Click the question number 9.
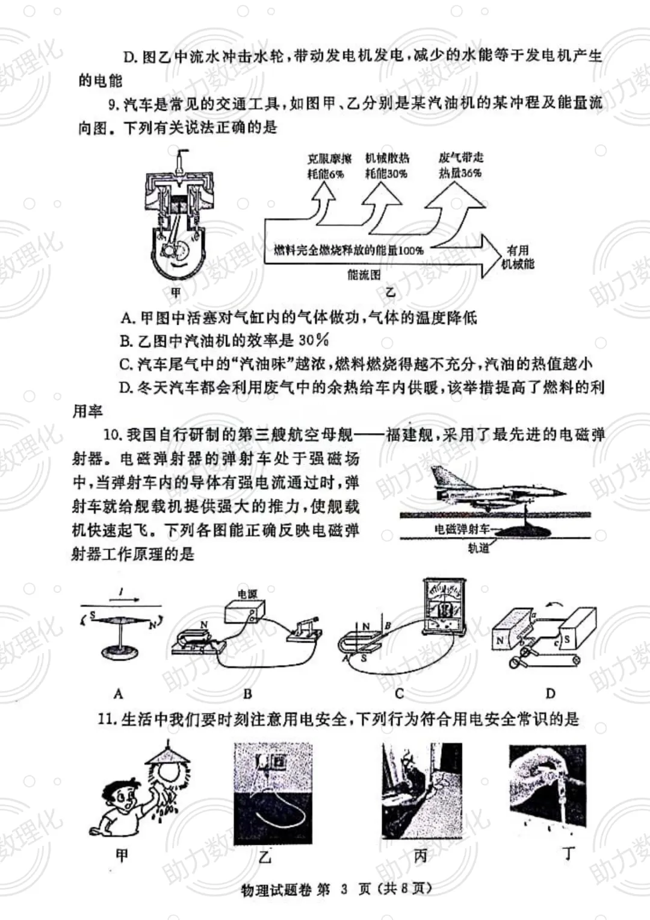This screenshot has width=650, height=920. coord(113,104)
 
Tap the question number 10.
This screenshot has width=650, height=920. coord(112,434)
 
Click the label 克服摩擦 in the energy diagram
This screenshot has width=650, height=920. coord(329,159)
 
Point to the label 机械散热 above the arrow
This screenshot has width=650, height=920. coord(387,158)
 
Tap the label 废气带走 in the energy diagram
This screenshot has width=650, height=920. coord(460,158)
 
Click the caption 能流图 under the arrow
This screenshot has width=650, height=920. coord(364,275)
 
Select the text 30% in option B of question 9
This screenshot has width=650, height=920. coord(314,340)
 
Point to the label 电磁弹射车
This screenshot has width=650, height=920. coord(461,530)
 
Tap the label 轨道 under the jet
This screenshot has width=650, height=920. coord(478,548)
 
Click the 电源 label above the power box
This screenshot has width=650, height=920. coord(247,594)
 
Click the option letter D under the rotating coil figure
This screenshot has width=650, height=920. coord(550,693)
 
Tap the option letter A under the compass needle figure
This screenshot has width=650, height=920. coord(118,693)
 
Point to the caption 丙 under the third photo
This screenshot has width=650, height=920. coord(420,856)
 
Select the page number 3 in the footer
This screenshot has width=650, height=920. coord(344,890)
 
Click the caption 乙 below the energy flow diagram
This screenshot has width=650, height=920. coord(391,293)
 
